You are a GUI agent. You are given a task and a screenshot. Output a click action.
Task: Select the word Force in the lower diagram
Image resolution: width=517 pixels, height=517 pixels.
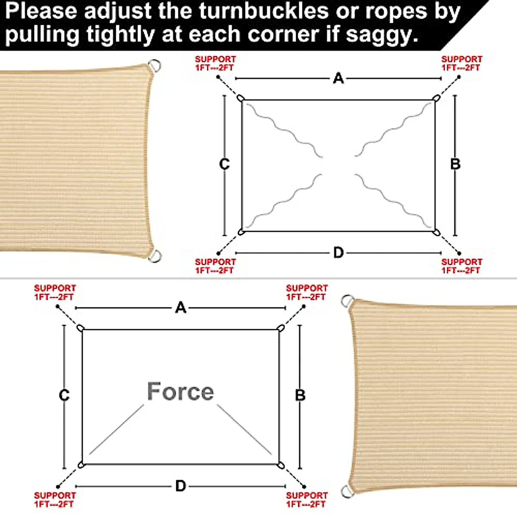(x=181, y=391)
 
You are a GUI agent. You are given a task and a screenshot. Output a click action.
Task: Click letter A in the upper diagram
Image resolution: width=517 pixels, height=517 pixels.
(x=339, y=78)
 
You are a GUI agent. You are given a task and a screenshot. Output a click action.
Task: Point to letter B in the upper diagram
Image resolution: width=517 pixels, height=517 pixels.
(x=455, y=164)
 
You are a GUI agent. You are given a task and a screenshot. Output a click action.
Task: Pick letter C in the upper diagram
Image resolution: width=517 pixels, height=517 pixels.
(x=224, y=164)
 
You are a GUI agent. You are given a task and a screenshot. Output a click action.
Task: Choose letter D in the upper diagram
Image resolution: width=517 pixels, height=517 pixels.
(x=339, y=252)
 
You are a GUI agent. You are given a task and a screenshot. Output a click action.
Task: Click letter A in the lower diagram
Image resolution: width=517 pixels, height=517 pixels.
(x=181, y=308)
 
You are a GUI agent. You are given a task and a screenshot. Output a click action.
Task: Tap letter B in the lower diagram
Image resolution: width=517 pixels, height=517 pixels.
(x=300, y=395)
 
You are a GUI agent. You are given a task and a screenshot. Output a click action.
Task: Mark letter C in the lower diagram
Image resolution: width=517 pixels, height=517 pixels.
(x=64, y=395)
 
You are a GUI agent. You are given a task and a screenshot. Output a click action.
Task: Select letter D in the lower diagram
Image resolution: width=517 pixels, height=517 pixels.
(x=181, y=486)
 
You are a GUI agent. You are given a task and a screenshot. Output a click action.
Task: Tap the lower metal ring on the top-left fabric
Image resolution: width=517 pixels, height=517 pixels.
(x=155, y=256)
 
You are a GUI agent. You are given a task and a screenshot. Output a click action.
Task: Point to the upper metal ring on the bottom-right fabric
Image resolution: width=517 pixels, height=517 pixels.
(x=347, y=301)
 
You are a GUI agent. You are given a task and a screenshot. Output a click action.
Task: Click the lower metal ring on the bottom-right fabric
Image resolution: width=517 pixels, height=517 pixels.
(x=347, y=491)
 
